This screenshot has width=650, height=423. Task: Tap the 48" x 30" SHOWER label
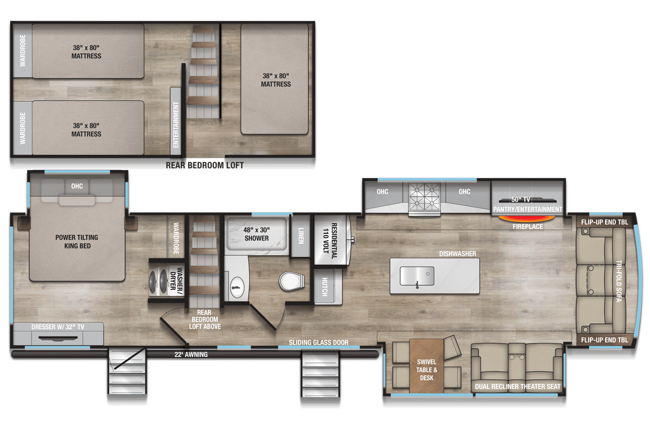click(x=256, y=233)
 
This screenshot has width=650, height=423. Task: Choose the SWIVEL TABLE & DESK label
click(x=427, y=370)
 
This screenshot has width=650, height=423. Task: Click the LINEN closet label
click(x=301, y=236)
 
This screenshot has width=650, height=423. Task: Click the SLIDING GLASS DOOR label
click(x=318, y=342)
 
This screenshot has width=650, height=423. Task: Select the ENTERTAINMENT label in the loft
click(x=176, y=124)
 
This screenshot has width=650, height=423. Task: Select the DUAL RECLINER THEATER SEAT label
click(x=517, y=387)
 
